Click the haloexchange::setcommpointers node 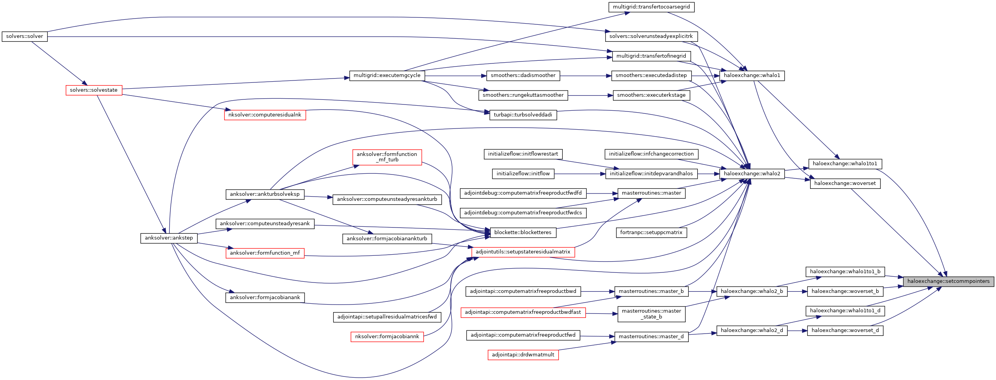[948, 281]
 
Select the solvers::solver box [25, 36]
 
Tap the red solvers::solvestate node [94, 90]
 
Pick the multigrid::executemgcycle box [386, 75]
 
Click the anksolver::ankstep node [169, 238]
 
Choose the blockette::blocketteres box [523, 233]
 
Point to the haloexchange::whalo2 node [752, 174]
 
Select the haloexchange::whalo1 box [752, 75]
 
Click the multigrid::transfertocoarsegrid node [651, 7]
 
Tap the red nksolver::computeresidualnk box [265, 115]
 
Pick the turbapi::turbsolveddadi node [523, 115]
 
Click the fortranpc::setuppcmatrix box [651, 233]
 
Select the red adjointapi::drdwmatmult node [523, 355]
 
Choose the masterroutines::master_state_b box [651, 314]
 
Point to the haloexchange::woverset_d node [845, 330]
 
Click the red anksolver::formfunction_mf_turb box [386, 157]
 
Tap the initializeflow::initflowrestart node [523, 154]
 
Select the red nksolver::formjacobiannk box [386, 337]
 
